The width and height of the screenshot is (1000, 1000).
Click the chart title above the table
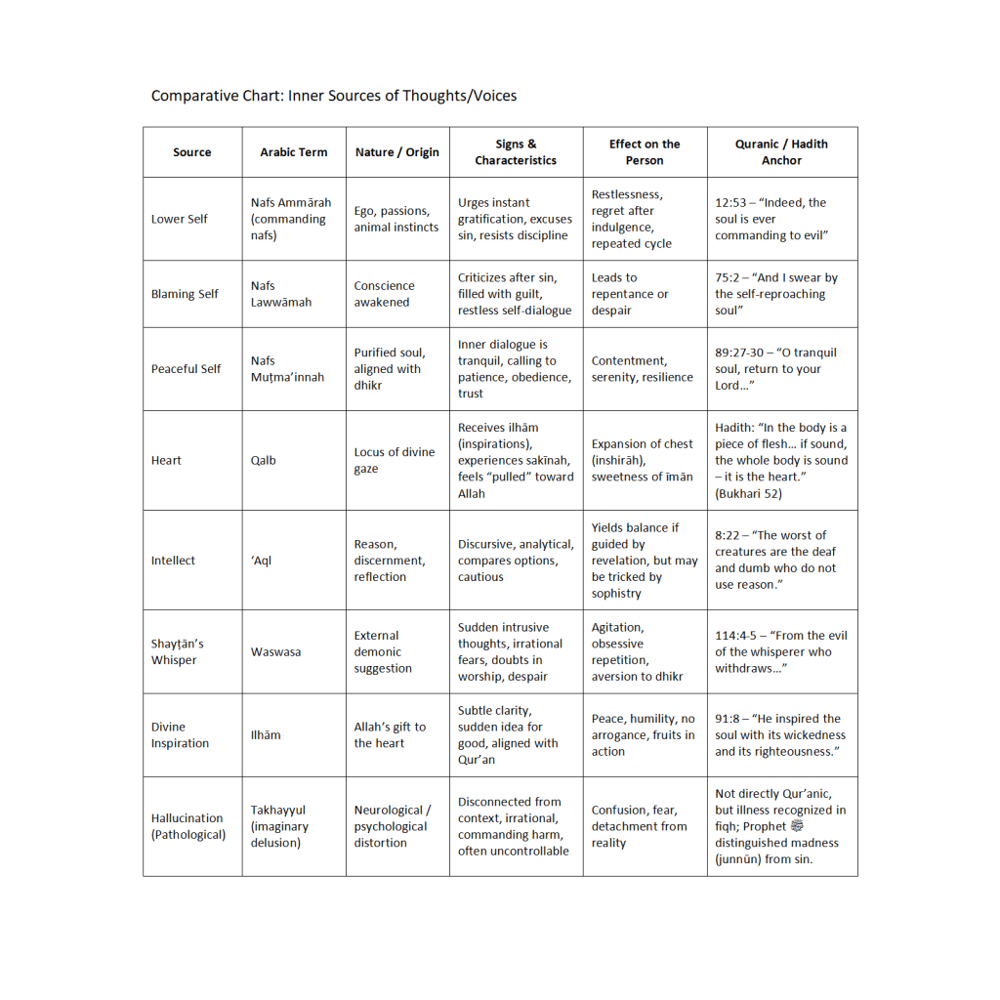pyautogui.click(x=334, y=96)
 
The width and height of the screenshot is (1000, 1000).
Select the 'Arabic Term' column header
pyautogui.click(x=294, y=152)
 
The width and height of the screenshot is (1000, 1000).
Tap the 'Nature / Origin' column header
pyautogui.click(x=396, y=152)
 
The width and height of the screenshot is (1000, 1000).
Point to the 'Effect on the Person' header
pyautogui.click(x=645, y=152)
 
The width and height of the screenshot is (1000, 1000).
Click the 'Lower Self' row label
pyautogui.click(x=180, y=219)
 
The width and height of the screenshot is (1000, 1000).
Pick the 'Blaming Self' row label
pyautogui.click(x=185, y=294)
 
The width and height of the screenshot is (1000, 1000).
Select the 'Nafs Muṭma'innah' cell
pyautogui.click(x=287, y=369)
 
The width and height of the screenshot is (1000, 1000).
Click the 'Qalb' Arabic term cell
pyautogui.click(x=263, y=460)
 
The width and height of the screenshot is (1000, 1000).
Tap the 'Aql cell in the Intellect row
pyautogui.click(x=262, y=561)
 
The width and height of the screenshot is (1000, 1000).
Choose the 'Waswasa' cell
pyautogui.click(x=275, y=651)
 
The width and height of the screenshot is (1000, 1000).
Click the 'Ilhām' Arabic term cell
pyautogui.click(x=266, y=734)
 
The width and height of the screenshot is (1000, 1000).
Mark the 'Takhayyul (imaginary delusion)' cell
pyautogui.click(x=279, y=826)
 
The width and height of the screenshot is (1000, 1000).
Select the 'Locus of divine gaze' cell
pyautogui.click(x=395, y=460)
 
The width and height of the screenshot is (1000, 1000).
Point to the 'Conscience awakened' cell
pyautogui.click(x=384, y=294)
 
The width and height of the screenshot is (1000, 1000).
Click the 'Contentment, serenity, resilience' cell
pyautogui.click(x=642, y=369)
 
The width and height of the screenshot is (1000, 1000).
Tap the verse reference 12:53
pyautogui.click(x=730, y=203)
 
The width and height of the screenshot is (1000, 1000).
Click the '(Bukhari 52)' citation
pyautogui.click(x=750, y=493)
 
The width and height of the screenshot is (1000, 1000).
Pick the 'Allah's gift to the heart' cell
pyautogui.click(x=390, y=734)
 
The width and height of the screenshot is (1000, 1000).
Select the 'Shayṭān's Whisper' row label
pyautogui.click(x=178, y=651)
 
